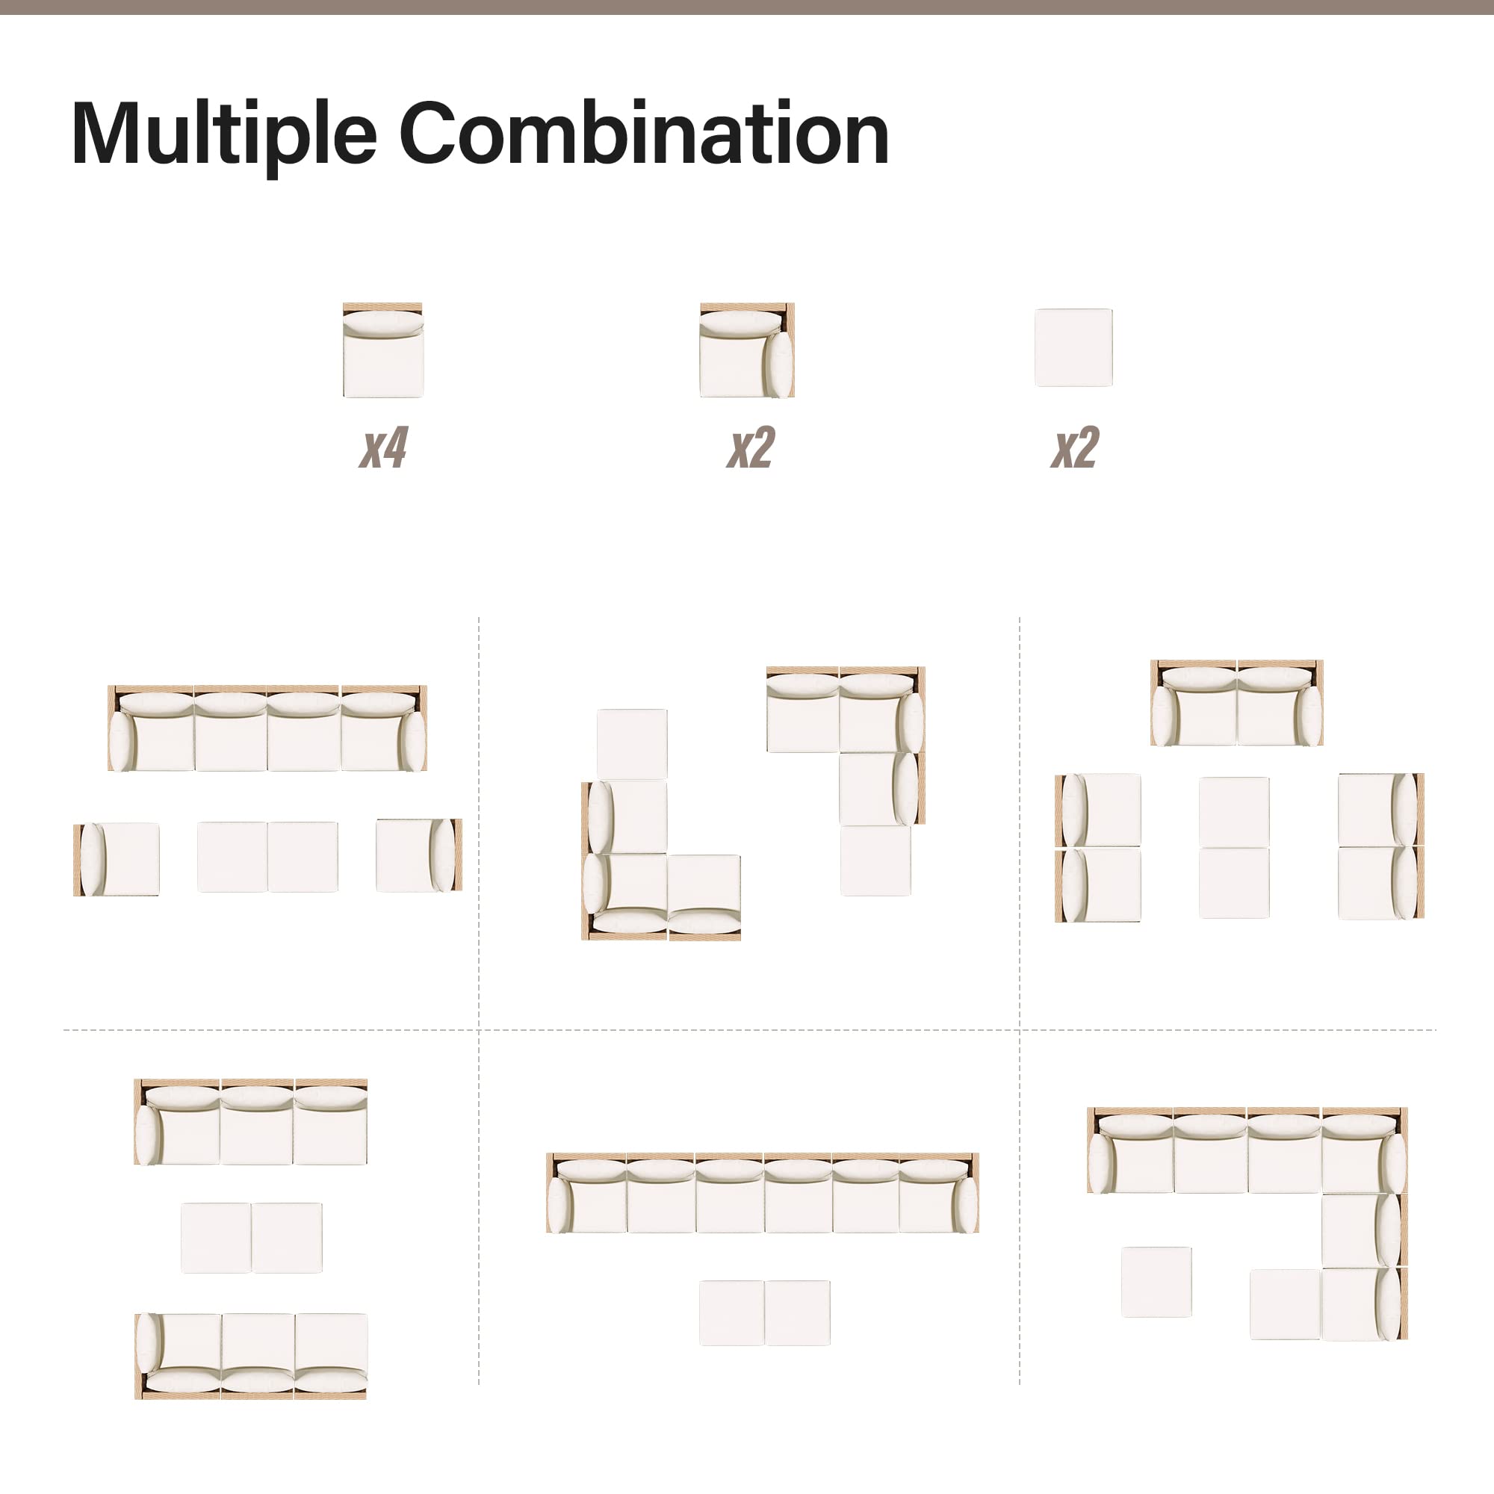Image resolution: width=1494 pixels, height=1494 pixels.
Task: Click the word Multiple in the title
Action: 223,134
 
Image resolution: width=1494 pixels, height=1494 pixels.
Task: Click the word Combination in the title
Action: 643,134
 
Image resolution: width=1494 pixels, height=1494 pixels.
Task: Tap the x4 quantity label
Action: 382,447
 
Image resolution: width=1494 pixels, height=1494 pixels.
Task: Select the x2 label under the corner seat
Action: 750,447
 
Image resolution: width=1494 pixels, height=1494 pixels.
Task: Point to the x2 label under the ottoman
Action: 1074,447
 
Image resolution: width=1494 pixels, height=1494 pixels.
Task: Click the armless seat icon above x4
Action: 382,350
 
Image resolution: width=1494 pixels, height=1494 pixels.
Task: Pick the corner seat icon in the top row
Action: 747,350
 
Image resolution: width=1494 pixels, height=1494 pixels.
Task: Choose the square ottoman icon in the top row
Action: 1073,348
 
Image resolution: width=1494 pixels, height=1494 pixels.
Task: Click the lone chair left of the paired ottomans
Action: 117,859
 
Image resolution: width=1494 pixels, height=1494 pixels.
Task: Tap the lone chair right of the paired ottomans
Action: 419,855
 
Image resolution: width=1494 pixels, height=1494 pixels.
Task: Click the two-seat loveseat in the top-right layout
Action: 1236,703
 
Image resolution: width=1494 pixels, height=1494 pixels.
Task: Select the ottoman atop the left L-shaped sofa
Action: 632,744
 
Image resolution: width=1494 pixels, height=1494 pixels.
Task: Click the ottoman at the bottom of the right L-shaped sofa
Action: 875,861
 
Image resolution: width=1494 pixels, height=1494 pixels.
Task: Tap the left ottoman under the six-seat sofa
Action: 731,1313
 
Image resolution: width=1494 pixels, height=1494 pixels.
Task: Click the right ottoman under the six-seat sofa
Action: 797,1313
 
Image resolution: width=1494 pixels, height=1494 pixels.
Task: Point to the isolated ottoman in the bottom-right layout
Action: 1156,1281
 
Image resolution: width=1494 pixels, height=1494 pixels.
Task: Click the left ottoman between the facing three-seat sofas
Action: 216,1237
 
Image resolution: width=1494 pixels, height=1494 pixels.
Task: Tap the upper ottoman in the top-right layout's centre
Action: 1234,812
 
